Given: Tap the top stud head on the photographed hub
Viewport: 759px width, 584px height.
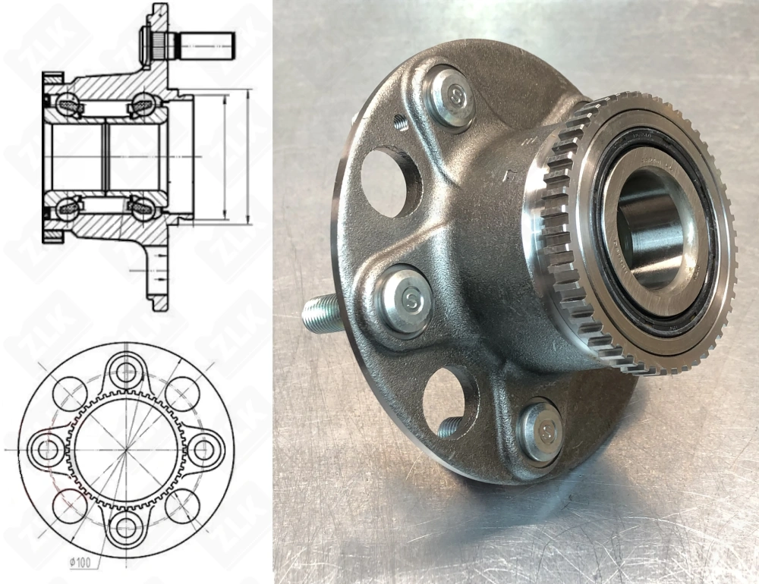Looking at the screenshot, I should (454, 96).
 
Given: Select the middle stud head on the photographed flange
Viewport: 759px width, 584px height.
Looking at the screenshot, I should (408, 300).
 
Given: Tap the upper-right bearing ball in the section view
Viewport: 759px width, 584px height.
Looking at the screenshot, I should (142, 103).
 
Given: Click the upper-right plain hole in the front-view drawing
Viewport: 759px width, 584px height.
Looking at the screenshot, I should (181, 394).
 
